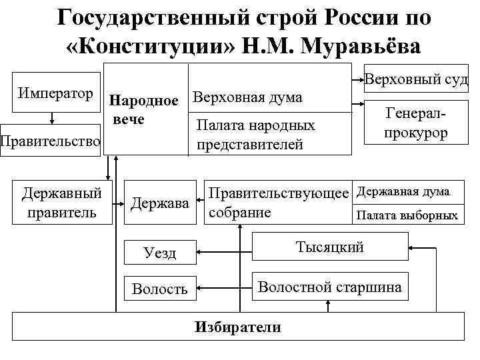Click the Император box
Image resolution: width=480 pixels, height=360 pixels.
tap(57, 94)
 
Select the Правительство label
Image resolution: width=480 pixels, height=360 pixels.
tap(51, 141)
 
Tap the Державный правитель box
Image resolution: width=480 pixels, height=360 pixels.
tap(62, 203)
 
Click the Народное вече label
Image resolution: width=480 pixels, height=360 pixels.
tap(143, 111)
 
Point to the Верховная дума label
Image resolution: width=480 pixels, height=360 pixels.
tap(247, 97)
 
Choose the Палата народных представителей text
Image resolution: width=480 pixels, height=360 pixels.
tap(256, 135)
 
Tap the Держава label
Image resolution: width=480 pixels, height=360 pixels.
tap(161, 203)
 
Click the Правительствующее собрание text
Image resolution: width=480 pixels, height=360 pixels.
tap(278, 203)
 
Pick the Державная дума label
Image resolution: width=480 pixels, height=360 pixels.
tap(404, 193)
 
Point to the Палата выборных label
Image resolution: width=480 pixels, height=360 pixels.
tap(407, 215)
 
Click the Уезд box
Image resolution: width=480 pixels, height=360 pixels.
tap(161, 253)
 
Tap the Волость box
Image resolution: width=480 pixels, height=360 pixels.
tap(160, 289)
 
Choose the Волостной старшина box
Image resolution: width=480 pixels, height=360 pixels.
tap(330, 287)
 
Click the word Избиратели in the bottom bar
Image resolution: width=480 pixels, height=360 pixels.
tap(237, 327)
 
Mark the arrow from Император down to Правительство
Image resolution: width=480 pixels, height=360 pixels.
tap(51, 118)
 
